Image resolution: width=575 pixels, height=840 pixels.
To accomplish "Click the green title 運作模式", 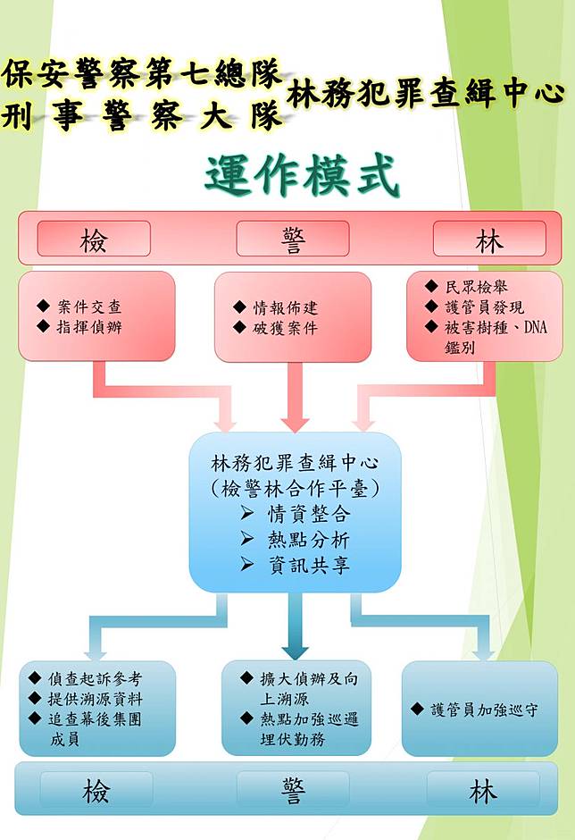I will click(301, 175).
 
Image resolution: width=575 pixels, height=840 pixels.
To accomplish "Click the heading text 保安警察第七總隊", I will click(143, 74).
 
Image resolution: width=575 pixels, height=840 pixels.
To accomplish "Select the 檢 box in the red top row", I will click(93, 239).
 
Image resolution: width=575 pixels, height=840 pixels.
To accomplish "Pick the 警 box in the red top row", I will click(292, 239).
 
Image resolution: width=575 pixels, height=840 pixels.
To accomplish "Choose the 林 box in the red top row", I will click(489, 239).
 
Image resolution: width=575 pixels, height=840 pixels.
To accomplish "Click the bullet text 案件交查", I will click(88, 307).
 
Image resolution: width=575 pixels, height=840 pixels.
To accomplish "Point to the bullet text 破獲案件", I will click(285, 328).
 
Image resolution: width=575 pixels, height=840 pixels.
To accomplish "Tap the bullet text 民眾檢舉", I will click(478, 288).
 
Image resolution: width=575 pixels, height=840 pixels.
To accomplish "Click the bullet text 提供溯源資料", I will click(97, 698).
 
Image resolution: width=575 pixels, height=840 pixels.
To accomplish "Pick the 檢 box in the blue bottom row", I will click(96, 791).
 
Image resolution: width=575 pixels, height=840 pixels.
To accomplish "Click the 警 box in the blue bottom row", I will click(293, 791).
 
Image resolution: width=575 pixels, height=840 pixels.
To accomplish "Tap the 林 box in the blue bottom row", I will click(483, 791).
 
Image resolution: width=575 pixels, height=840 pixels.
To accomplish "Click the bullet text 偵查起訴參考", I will click(96, 678).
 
